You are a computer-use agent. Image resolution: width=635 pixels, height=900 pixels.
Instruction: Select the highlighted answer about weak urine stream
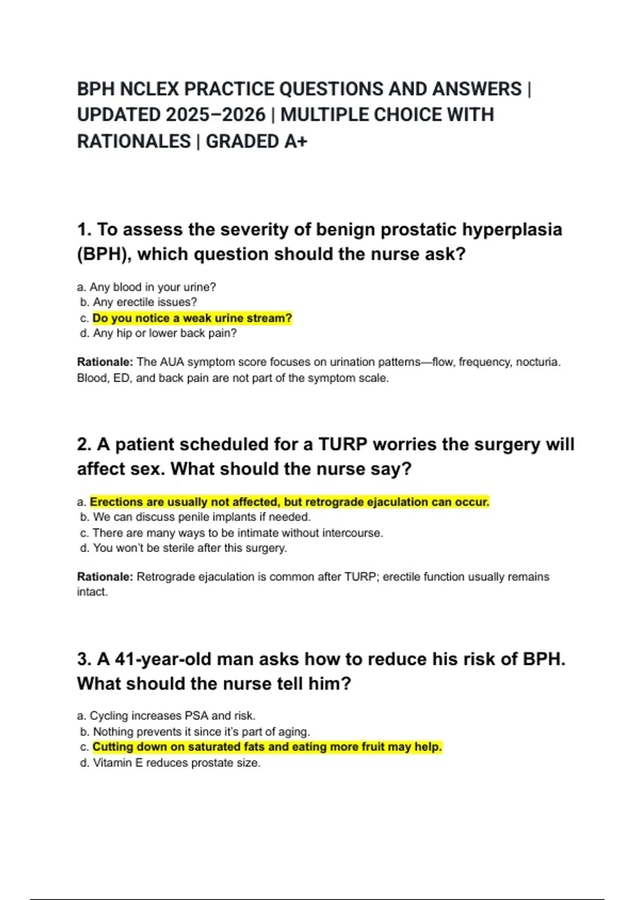(x=192, y=318)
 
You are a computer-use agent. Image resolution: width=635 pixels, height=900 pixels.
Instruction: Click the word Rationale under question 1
(x=105, y=362)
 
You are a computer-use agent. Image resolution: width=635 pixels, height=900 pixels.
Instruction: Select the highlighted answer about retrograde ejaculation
(x=289, y=502)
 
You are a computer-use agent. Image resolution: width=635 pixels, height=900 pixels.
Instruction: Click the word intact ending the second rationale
(x=92, y=592)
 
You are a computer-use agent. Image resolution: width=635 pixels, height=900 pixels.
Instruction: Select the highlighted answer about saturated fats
(x=267, y=747)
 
